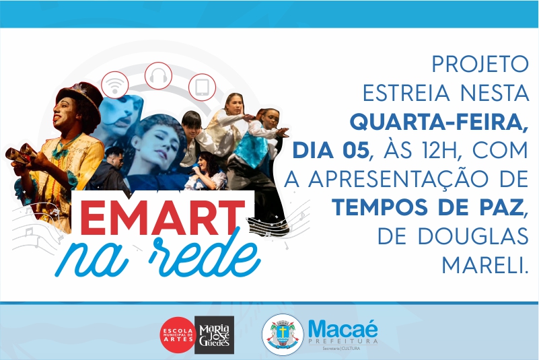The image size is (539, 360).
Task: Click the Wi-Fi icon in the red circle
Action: [x=115, y=85]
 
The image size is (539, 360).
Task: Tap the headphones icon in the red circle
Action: [x=158, y=75]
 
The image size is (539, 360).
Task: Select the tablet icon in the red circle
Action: [x=202, y=87]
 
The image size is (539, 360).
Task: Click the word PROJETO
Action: [x=480, y=64]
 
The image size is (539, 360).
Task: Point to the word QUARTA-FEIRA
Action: [x=439, y=122]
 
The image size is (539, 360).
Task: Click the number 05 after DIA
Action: [x=356, y=150]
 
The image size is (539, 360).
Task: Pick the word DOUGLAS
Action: [x=473, y=236]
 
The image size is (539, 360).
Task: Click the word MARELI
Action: [x=484, y=264]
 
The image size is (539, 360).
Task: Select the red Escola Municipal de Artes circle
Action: [x=178, y=334]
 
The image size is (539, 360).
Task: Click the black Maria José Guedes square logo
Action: [x=215, y=335]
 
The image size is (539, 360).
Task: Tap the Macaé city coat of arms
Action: [x=283, y=334]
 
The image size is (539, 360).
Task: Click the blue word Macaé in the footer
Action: [x=343, y=329]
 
